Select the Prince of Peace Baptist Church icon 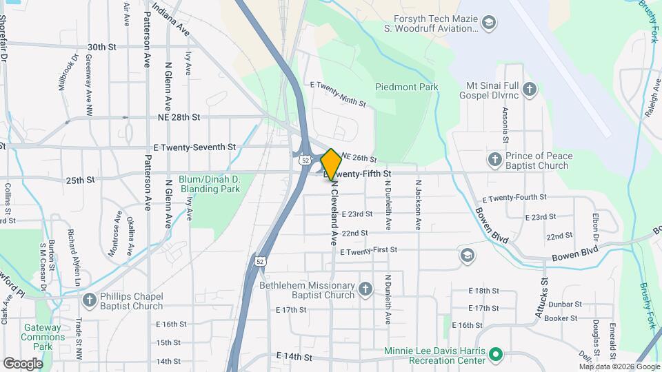pyautogui.click(x=494, y=161)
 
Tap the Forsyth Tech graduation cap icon pyautogui.click(x=489, y=24)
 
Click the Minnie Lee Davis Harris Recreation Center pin pyautogui.click(x=495, y=355)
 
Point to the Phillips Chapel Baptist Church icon pyautogui.click(x=88, y=300)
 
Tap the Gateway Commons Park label pyautogui.click(x=41, y=337)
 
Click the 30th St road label pyautogui.click(x=101, y=47)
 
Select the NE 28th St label pyautogui.click(x=179, y=118)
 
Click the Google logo pyautogui.click(x=23, y=363)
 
